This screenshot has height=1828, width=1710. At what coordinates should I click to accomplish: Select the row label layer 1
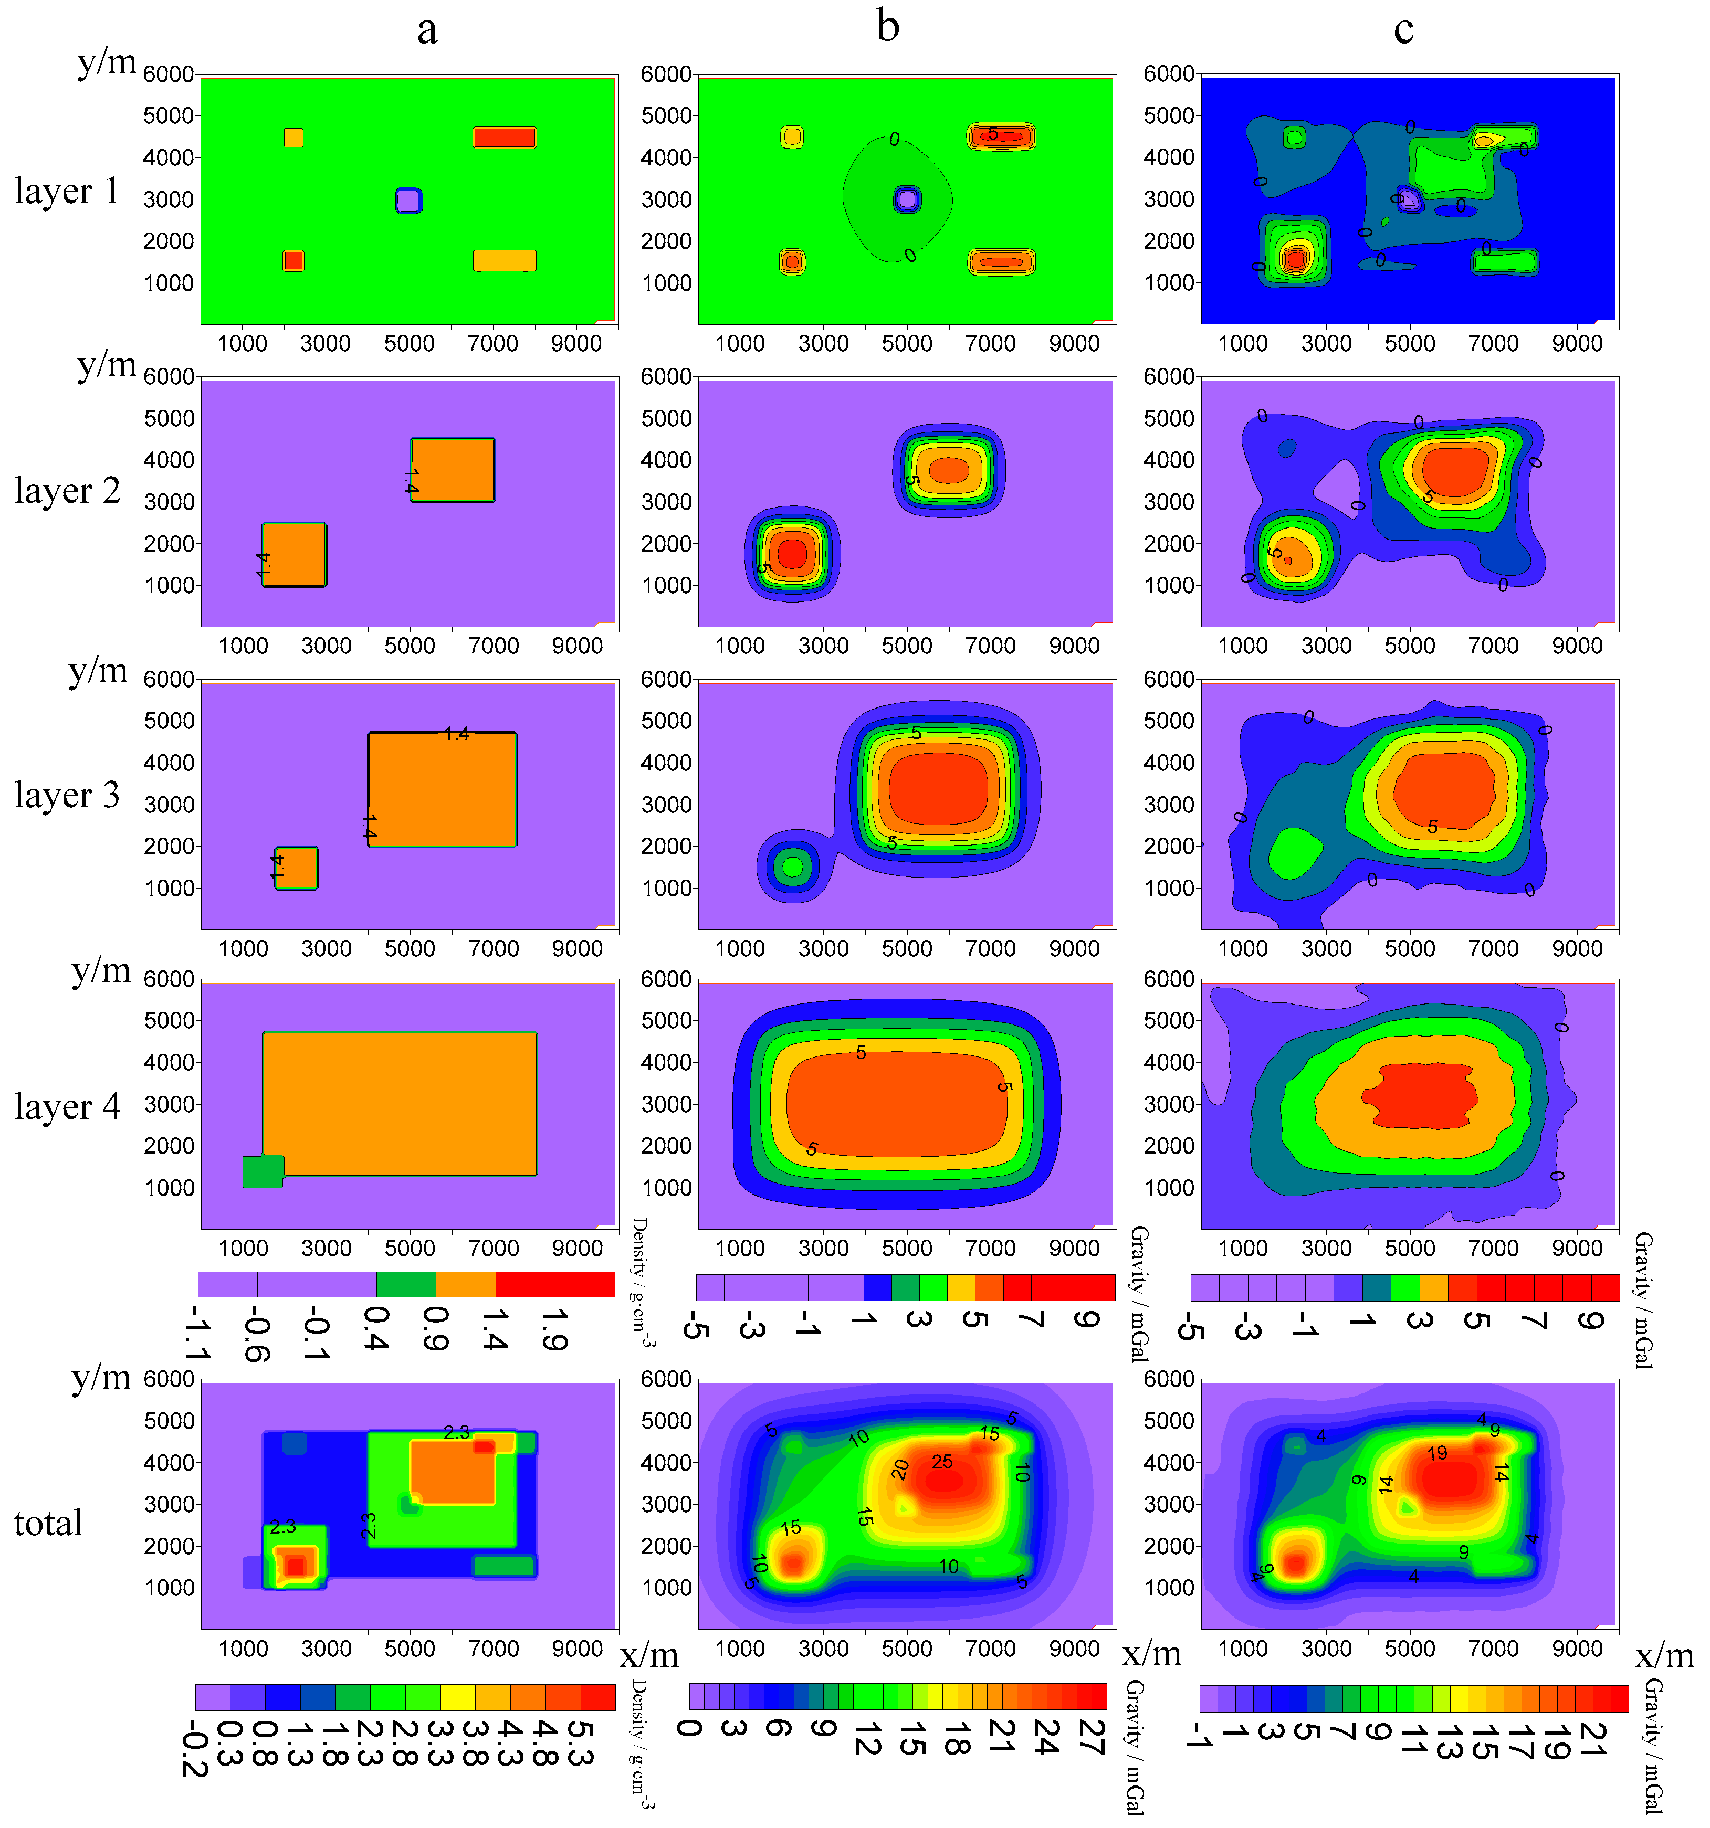66,191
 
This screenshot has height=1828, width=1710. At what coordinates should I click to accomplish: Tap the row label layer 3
66,795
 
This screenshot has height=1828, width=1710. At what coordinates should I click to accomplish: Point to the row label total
48,1523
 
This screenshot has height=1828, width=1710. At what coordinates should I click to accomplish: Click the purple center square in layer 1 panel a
408,200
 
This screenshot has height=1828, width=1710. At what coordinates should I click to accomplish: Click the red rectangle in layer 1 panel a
504,138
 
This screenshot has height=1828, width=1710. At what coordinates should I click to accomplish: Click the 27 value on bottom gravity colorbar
1093,1738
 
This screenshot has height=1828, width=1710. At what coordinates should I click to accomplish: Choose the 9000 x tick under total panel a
577,1648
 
